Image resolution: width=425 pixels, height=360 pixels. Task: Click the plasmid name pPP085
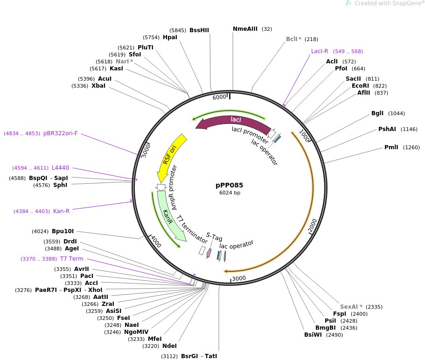pos(230,185)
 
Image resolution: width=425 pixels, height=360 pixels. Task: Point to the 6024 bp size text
pos(230,193)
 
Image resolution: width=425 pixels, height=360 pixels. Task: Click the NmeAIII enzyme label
pos(245,29)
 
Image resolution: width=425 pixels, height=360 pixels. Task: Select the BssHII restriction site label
pos(199,30)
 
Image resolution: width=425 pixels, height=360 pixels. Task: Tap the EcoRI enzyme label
pos(360,86)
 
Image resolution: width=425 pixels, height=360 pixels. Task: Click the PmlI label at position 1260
pos(391,147)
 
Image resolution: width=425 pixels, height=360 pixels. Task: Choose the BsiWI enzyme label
pos(314,335)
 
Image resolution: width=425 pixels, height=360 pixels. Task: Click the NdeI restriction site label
pos(169,346)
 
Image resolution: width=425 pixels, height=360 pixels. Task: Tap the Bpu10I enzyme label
pos(63,231)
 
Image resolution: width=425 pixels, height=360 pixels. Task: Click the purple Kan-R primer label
pos(62,211)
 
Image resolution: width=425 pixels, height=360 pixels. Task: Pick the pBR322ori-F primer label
pos(61,133)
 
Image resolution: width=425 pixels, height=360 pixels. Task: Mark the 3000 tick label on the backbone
pos(239,278)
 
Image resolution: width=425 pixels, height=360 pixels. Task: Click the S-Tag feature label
pos(215,237)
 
